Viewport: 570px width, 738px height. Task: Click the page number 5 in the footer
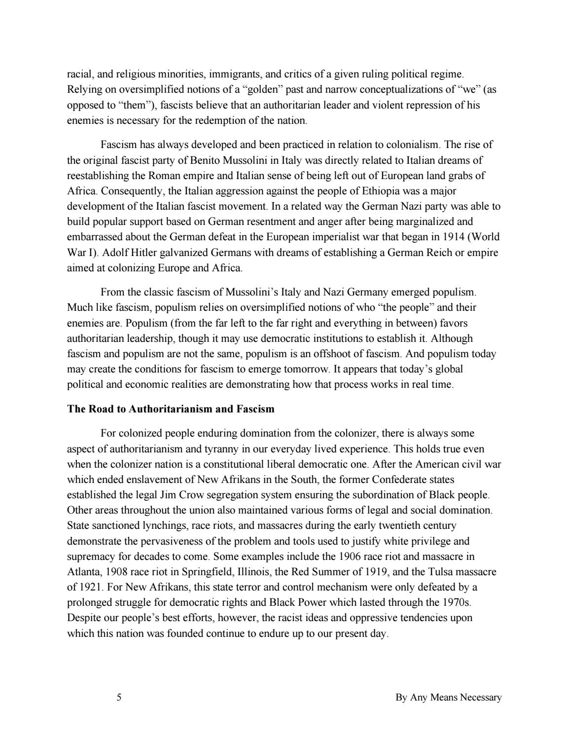[x=119, y=698]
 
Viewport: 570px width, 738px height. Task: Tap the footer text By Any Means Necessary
[x=449, y=698]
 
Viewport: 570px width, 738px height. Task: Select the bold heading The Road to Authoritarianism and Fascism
[x=171, y=409]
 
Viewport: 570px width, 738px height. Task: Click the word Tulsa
[x=442, y=572]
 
